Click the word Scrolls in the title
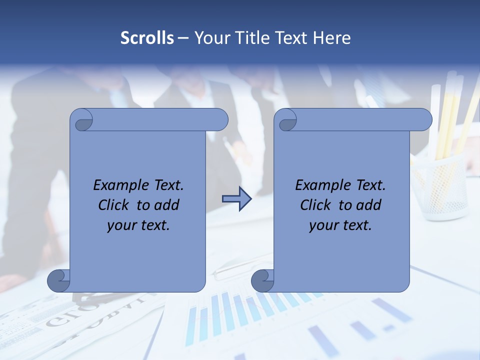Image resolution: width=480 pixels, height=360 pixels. [147, 38]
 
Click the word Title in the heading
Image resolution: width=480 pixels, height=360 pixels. [251, 38]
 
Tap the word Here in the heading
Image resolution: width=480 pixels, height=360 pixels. [332, 38]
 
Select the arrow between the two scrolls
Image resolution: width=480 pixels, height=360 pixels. [236, 199]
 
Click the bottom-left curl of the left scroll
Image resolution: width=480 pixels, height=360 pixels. [59, 281]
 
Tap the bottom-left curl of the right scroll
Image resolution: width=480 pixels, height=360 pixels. [263, 281]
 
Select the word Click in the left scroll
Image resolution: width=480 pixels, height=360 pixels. [114, 205]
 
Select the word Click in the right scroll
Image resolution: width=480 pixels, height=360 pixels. [316, 205]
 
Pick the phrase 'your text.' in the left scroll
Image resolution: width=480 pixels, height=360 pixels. [138, 225]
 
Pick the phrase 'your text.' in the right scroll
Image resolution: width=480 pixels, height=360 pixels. [340, 225]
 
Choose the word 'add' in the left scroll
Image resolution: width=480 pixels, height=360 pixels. [166, 205]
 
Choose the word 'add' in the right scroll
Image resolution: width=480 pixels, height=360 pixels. [368, 205]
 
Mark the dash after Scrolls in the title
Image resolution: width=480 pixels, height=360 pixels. [183, 38]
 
